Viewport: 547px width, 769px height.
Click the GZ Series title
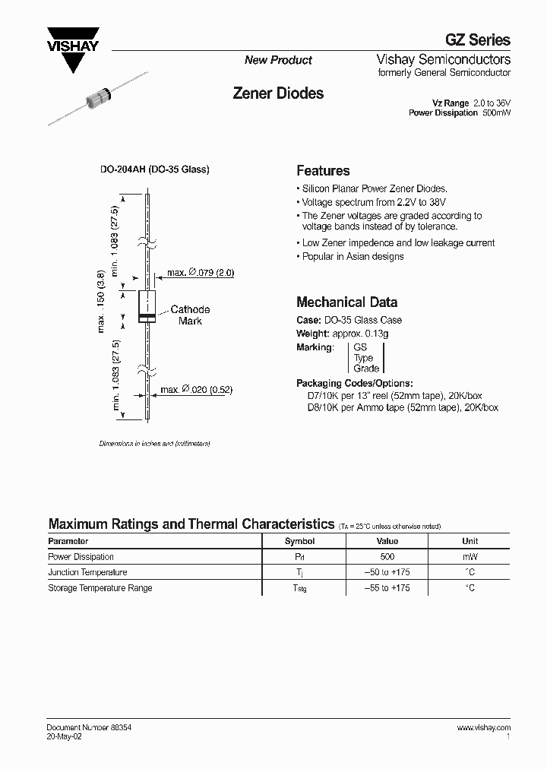(477, 40)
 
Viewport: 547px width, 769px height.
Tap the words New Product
(278, 60)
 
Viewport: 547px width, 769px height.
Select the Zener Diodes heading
(277, 93)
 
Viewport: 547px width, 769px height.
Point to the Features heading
(323, 171)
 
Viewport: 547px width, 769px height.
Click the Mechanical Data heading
(346, 302)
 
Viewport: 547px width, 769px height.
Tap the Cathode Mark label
(190, 315)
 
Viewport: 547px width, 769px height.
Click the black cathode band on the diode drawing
(147, 315)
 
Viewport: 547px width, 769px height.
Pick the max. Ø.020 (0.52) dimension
(195, 390)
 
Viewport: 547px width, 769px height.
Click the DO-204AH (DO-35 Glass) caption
(155, 169)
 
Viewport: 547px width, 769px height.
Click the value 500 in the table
(387, 557)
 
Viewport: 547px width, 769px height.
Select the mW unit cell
(470, 557)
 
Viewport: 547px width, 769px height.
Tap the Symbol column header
(299, 541)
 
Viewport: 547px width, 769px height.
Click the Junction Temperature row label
(87, 572)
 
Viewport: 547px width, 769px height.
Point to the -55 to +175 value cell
(387, 588)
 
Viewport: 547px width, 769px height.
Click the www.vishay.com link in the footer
(484, 727)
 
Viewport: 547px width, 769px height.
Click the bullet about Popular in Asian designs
(353, 256)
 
